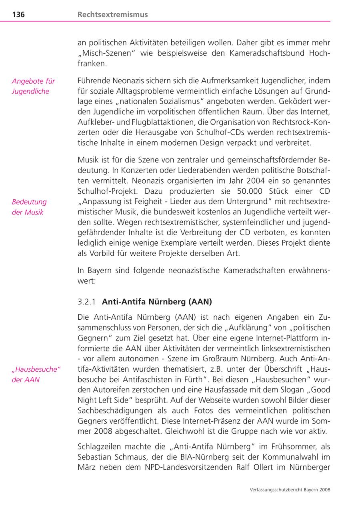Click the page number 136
(x=18, y=15)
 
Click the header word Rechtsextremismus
(x=112, y=15)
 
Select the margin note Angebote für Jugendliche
(x=33, y=86)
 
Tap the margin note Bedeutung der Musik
(x=29, y=207)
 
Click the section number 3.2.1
(x=87, y=302)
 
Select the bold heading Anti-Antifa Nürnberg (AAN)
(x=157, y=302)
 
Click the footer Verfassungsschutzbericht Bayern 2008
(x=290, y=489)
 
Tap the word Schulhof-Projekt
(x=104, y=191)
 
